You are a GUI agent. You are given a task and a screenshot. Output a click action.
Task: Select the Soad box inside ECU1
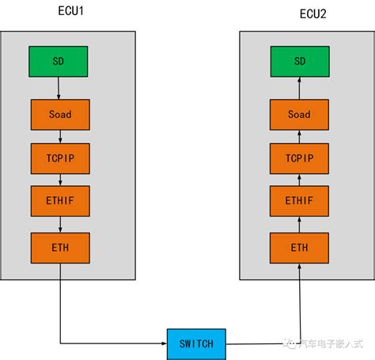[x=60, y=115]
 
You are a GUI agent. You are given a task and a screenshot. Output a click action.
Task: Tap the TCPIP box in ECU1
[x=60, y=158]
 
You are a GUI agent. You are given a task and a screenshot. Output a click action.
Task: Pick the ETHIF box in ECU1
[x=60, y=202]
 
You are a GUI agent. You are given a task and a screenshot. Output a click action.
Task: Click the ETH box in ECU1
[x=60, y=248]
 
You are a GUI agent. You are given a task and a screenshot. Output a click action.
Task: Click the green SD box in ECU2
[x=299, y=62]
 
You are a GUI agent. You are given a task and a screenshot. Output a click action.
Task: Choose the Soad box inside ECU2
[x=299, y=115]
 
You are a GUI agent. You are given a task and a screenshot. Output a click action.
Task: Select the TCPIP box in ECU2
[x=299, y=158]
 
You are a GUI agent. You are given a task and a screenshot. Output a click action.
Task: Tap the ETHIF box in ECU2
[x=299, y=202]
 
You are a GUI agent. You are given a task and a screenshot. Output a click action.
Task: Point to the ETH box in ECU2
[x=299, y=248]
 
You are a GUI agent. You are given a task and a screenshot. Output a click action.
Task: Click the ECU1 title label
[x=60, y=13]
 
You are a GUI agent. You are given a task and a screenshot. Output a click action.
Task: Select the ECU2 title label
[x=299, y=13]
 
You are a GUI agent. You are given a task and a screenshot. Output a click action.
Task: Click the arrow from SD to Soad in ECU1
[x=59, y=88]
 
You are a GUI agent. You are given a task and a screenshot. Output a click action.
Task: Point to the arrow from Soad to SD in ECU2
[x=299, y=88]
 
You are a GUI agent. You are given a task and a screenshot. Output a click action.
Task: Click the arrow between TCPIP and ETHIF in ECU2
[x=299, y=180]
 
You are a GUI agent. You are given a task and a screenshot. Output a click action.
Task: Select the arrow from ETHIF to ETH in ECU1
[x=60, y=225]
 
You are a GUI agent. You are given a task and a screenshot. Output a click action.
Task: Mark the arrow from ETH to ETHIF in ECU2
[x=299, y=225]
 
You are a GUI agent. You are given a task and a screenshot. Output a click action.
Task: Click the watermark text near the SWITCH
[x=326, y=343]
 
